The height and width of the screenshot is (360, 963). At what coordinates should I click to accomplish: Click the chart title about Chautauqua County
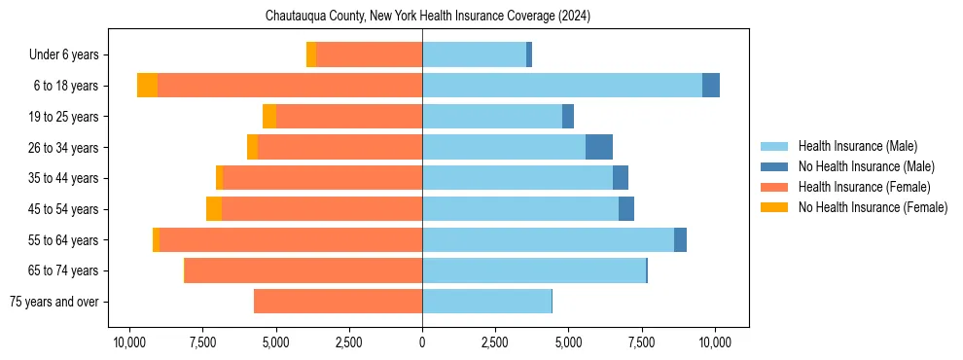[428, 17]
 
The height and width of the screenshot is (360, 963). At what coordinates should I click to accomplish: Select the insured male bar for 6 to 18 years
[562, 86]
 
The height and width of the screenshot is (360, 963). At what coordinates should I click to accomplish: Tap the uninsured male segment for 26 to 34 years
[599, 147]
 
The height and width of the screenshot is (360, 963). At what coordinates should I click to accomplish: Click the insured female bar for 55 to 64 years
[291, 240]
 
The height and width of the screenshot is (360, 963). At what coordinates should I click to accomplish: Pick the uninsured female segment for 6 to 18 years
[147, 86]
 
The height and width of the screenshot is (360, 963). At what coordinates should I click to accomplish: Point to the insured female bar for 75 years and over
[338, 302]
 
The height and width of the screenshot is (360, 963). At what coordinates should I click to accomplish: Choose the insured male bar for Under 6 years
[474, 54]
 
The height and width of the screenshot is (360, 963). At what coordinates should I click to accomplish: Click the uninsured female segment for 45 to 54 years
[214, 209]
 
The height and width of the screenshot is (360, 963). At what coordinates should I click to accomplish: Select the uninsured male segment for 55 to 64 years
[680, 240]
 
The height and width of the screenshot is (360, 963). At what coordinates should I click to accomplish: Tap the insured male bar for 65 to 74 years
[534, 270]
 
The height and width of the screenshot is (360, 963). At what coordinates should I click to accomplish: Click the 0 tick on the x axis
[422, 342]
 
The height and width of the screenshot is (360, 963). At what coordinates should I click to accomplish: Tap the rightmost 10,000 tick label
[715, 342]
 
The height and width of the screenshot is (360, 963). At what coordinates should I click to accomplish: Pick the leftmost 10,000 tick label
[129, 342]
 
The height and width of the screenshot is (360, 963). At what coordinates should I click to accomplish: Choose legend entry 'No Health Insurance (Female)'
[873, 207]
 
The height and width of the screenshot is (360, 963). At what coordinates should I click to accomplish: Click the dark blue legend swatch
[774, 166]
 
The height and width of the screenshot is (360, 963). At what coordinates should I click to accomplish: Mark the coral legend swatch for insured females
[774, 187]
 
